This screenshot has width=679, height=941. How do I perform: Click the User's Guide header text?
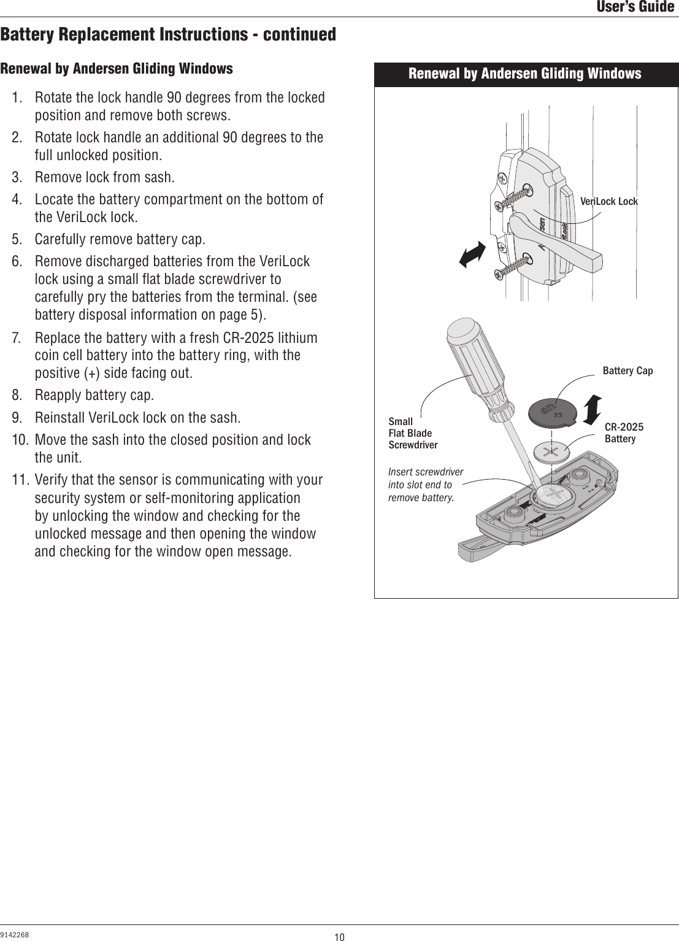(x=635, y=7)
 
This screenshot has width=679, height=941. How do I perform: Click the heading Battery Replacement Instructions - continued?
(x=168, y=34)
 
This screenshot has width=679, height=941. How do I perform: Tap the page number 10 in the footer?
(x=339, y=936)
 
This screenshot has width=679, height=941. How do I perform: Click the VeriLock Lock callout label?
(x=608, y=201)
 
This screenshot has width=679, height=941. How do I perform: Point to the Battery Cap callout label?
(x=627, y=371)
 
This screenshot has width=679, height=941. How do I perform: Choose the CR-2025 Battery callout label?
(x=624, y=432)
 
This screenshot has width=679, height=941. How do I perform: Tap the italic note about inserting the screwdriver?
(x=426, y=484)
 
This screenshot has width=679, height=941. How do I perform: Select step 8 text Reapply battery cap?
(x=94, y=394)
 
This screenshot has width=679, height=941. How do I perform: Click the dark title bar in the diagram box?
(x=526, y=74)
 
